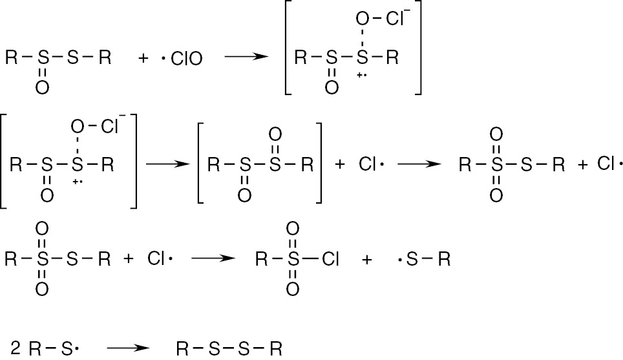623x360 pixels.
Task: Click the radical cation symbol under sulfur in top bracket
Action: coord(361,75)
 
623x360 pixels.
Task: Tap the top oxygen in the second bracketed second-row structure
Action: coord(275,134)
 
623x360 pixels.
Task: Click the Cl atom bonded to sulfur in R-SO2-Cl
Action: coord(330,259)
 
